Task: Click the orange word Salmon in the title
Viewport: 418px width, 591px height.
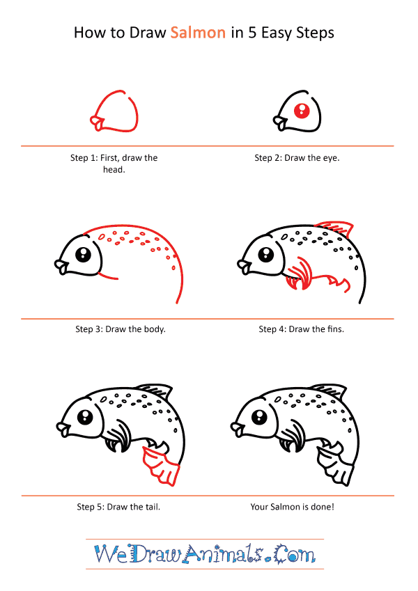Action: pyautogui.click(x=198, y=33)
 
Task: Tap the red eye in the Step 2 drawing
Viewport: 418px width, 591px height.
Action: pyautogui.click(x=302, y=110)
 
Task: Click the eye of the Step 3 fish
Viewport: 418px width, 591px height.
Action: pyautogui.click(x=84, y=253)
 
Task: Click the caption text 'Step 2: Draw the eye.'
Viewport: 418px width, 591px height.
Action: pyautogui.click(x=297, y=158)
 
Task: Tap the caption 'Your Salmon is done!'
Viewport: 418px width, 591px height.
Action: pyautogui.click(x=292, y=507)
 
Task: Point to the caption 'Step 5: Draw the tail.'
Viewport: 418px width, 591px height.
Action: pyautogui.click(x=118, y=507)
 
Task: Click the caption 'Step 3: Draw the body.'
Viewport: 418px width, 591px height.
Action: pyautogui.click(x=121, y=329)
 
